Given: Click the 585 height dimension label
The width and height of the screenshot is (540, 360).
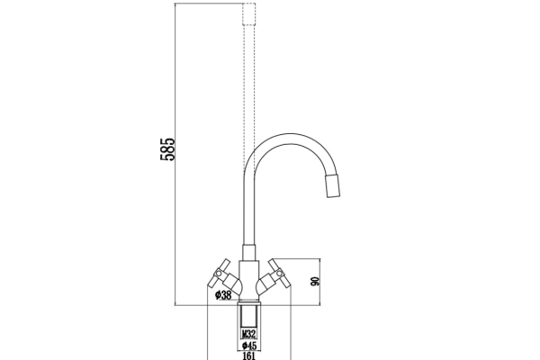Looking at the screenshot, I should point(166,148).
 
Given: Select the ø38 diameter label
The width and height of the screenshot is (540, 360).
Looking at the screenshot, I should point(223,294).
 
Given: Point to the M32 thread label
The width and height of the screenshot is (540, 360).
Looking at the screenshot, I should point(249,332).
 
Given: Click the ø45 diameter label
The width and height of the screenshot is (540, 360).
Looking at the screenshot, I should point(249,344).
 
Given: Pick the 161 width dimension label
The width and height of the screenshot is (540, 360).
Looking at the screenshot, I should point(249,355).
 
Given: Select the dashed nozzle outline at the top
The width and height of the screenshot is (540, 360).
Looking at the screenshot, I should point(249,13).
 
